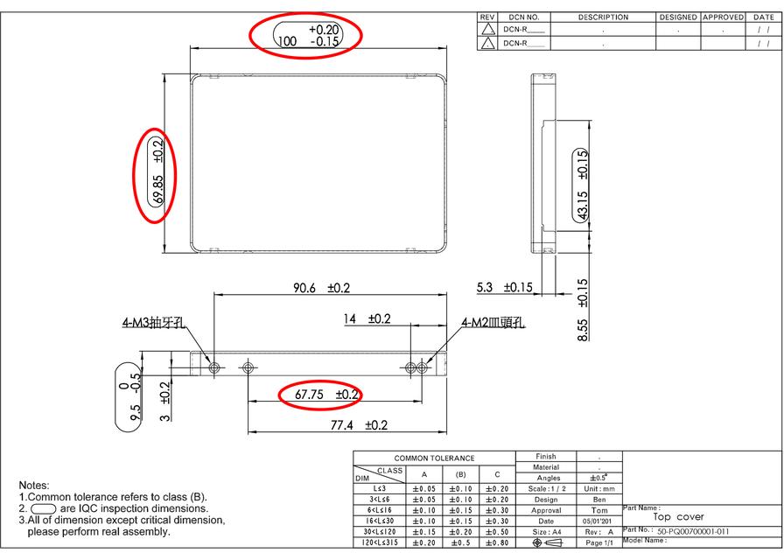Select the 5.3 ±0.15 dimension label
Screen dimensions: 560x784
504,287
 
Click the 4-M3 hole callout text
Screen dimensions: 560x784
154,322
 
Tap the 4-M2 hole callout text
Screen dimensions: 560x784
493,322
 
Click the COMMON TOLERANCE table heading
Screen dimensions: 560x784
434,458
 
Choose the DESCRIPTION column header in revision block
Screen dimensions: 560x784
603,17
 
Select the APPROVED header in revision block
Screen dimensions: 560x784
723,17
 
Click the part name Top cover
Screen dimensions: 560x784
678,517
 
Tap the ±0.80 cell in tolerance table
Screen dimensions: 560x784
497,543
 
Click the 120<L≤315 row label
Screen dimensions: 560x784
379,543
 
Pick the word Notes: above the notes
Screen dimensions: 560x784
34,485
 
